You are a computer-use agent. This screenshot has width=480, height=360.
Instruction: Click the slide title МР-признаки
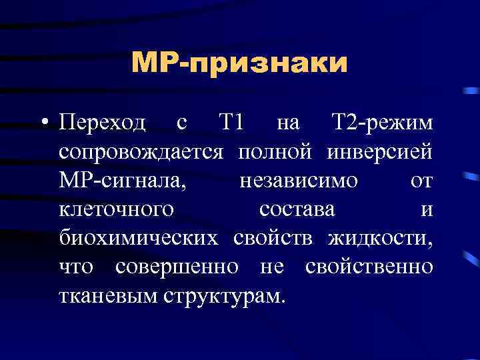pyautogui.click(x=239, y=64)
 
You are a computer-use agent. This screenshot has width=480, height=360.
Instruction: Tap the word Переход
pyautogui.click(x=102, y=123)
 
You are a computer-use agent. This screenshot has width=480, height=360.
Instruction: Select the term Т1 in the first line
pyautogui.click(x=232, y=123)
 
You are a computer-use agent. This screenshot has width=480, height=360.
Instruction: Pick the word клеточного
pyautogui.click(x=117, y=210)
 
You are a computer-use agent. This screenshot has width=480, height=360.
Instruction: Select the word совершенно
pyautogui.click(x=177, y=267)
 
